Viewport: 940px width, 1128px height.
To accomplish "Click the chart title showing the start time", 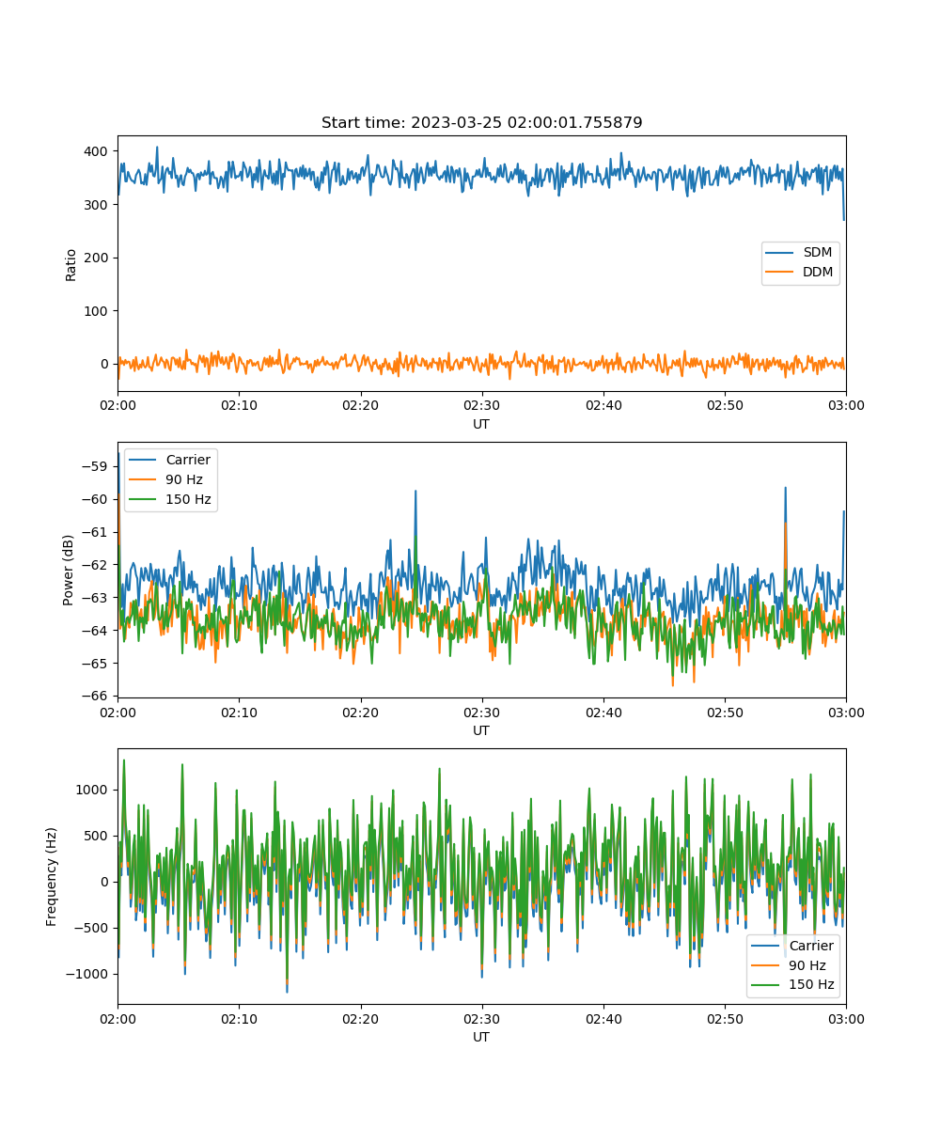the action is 481,122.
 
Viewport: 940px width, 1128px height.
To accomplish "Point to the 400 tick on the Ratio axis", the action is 96,151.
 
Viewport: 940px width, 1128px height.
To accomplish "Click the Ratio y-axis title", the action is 70,265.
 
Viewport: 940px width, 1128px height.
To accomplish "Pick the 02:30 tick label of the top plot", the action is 482,405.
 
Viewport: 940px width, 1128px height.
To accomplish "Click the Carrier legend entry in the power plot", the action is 169,460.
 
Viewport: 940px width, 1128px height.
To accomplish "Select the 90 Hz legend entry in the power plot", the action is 165,479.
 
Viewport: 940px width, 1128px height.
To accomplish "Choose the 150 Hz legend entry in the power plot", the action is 169,499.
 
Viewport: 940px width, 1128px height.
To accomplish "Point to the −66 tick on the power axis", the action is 94,696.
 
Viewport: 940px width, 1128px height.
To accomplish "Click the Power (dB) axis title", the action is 68,570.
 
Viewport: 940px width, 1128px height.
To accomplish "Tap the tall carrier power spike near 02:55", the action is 785,488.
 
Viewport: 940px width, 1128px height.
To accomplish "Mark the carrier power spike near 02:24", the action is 415,491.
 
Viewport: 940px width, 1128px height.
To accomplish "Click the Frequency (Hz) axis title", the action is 51,877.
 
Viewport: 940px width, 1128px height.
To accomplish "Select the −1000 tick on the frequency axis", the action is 86,974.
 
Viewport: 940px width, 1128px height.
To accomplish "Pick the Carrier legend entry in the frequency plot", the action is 792,946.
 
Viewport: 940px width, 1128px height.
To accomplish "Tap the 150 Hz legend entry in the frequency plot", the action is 792,984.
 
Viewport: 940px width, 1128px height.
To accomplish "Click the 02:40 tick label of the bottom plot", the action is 603,1019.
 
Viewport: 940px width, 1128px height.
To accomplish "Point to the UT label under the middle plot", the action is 480,730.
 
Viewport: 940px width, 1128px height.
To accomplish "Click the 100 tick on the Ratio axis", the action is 96,311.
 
